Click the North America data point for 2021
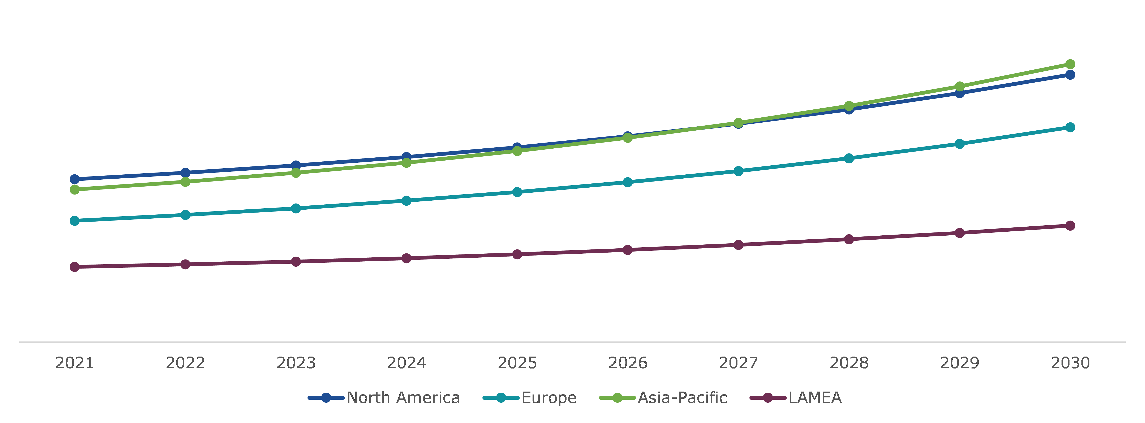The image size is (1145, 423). click(x=75, y=179)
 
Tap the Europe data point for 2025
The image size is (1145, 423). click(x=517, y=192)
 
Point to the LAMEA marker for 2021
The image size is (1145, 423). click(x=75, y=267)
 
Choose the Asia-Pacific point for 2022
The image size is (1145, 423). click(x=185, y=182)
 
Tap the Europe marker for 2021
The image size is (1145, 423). click(x=75, y=221)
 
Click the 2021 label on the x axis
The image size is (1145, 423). click(x=75, y=363)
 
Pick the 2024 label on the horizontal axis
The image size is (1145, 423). click(x=406, y=363)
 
